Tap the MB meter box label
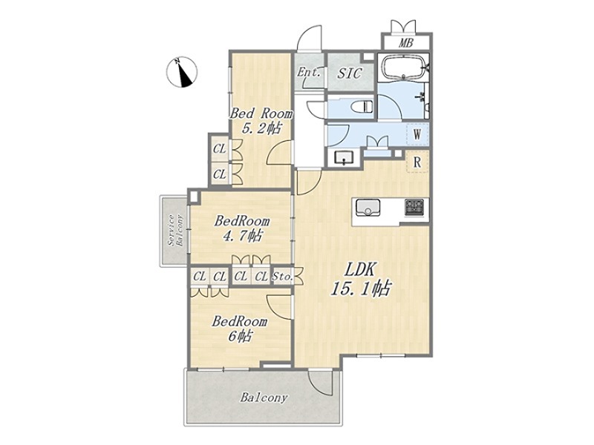click(x=405, y=43)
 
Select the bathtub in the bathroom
click(x=405, y=67)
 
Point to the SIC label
click(x=349, y=73)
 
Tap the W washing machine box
click(x=417, y=134)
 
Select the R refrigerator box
click(x=417, y=162)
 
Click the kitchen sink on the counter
click(x=365, y=208)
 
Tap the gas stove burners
click(x=414, y=208)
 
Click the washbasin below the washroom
click(x=344, y=157)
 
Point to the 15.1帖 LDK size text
click(x=360, y=289)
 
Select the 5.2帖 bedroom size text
click(x=261, y=129)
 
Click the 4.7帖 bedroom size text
click(x=242, y=236)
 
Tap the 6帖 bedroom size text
click(x=240, y=337)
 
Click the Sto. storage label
click(x=283, y=277)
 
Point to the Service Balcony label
click(x=175, y=231)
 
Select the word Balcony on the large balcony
click(x=264, y=398)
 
